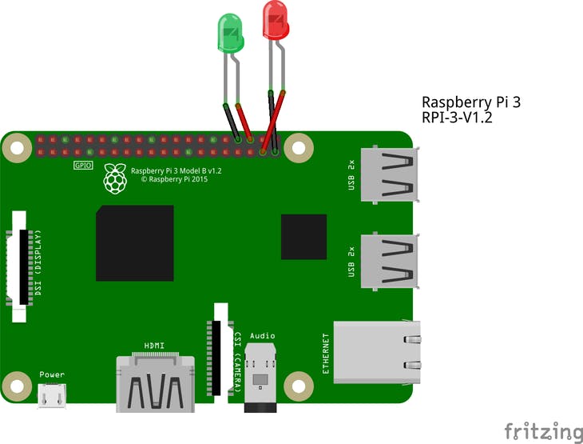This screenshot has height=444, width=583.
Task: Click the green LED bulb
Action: [231, 33]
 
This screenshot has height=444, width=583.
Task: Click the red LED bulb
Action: [276, 21]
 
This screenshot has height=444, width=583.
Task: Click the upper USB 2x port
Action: [389, 174]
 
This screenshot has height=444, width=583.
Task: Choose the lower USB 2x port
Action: [389, 261]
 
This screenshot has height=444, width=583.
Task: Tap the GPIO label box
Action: [83, 166]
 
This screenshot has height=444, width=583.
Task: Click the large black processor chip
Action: [135, 243]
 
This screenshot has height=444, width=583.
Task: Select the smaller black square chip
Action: [303, 237]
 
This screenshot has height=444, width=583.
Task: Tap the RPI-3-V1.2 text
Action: [457, 118]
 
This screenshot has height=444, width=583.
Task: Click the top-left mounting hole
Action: [14, 146]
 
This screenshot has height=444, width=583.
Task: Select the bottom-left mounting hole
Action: [14, 386]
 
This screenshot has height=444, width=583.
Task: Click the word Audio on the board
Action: [263, 335]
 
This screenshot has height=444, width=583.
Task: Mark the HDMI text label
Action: [154, 346]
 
